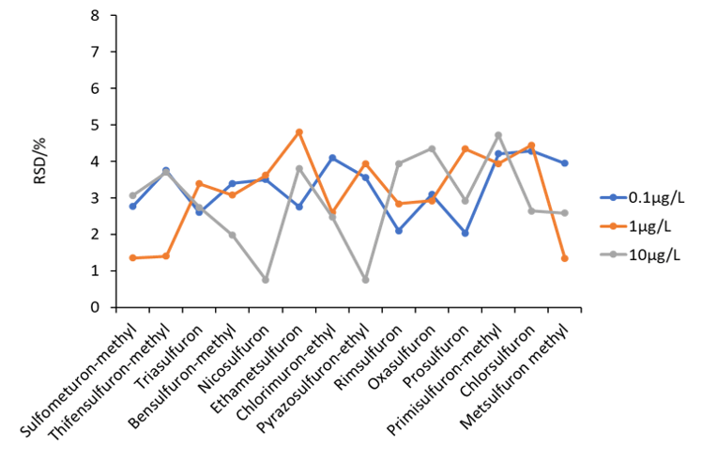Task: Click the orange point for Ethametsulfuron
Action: tap(299, 132)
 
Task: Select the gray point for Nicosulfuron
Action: tap(266, 280)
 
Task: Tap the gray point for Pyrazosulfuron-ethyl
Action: tap(365, 280)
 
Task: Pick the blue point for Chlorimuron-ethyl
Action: tap(332, 158)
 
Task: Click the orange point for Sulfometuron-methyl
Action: tap(132, 257)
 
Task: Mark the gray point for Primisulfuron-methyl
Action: tap(498, 135)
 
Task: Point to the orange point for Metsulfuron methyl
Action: tap(565, 258)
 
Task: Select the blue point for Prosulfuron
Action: tap(465, 233)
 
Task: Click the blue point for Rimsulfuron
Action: tap(399, 230)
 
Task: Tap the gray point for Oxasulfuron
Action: tap(432, 148)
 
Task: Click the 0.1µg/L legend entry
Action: tap(642, 197)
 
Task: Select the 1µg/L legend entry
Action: tap(635, 226)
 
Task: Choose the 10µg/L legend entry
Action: tap(640, 255)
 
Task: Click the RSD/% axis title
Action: tap(39, 162)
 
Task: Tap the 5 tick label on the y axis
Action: tap(95, 125)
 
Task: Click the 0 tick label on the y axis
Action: tap(95, 307)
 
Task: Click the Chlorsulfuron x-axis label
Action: tap(497, 361)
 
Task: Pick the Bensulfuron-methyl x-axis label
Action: tap(182, 376)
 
